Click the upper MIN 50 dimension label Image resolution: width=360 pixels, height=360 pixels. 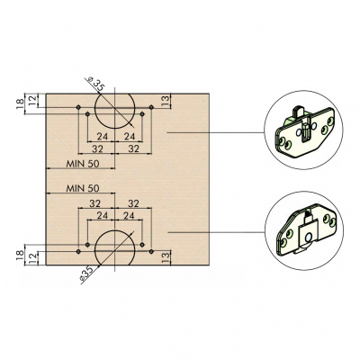coord(83,164)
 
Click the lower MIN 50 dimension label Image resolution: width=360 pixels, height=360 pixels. coord(83,188)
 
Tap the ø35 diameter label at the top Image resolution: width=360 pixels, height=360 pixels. coord(95,85)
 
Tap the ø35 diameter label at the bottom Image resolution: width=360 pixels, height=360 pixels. coord(87,274)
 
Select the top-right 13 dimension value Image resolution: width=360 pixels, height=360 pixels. coord(165,101)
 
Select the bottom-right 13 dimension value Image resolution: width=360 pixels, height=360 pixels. coord(165,258)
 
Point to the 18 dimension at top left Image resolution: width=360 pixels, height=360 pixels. coord(20,104)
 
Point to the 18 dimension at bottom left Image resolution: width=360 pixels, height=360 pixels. coord(20,255)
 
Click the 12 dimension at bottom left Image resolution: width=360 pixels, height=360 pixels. coord(33,258)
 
